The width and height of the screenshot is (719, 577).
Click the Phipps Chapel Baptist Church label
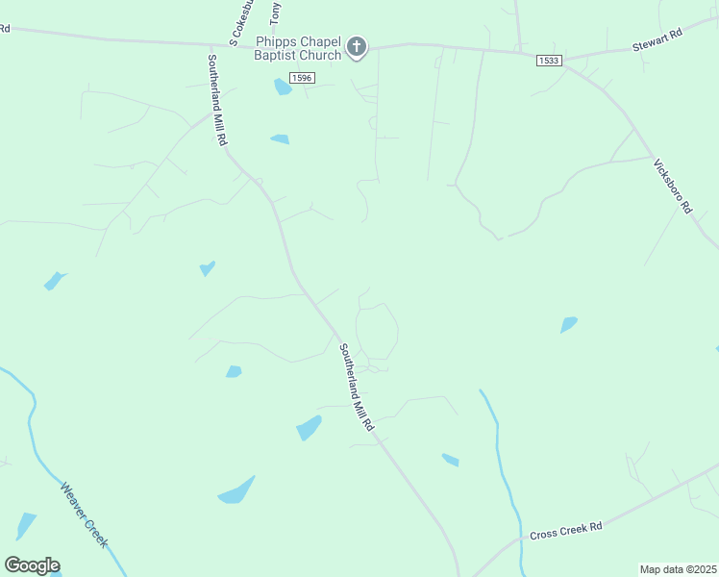pos(297,49)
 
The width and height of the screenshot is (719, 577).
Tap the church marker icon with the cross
pos(357,46)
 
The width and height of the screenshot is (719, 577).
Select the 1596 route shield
pos(302,77)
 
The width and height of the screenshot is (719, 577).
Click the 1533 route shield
pos(549,61)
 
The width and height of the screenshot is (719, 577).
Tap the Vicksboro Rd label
pos(672,186)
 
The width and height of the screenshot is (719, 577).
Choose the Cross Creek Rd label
pos(565,528)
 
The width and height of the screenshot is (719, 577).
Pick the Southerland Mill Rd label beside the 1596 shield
pos(217,100)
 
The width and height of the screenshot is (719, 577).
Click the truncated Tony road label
pos(276,13)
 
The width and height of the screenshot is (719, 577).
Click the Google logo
pos(32,564)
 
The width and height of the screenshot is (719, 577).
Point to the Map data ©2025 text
pos(677,569)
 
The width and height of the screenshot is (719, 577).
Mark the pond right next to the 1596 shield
pos(283,88)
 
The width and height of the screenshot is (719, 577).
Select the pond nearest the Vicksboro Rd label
pos(569,325)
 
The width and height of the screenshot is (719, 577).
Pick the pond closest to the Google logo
pos(26,526)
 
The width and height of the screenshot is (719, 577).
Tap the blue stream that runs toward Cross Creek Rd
pos(499,452)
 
